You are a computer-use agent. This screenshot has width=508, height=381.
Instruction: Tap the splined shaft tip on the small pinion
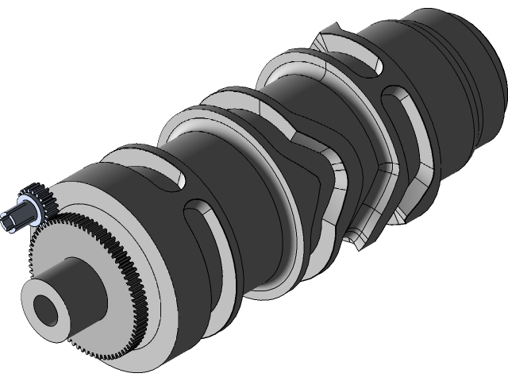(15, 219)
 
